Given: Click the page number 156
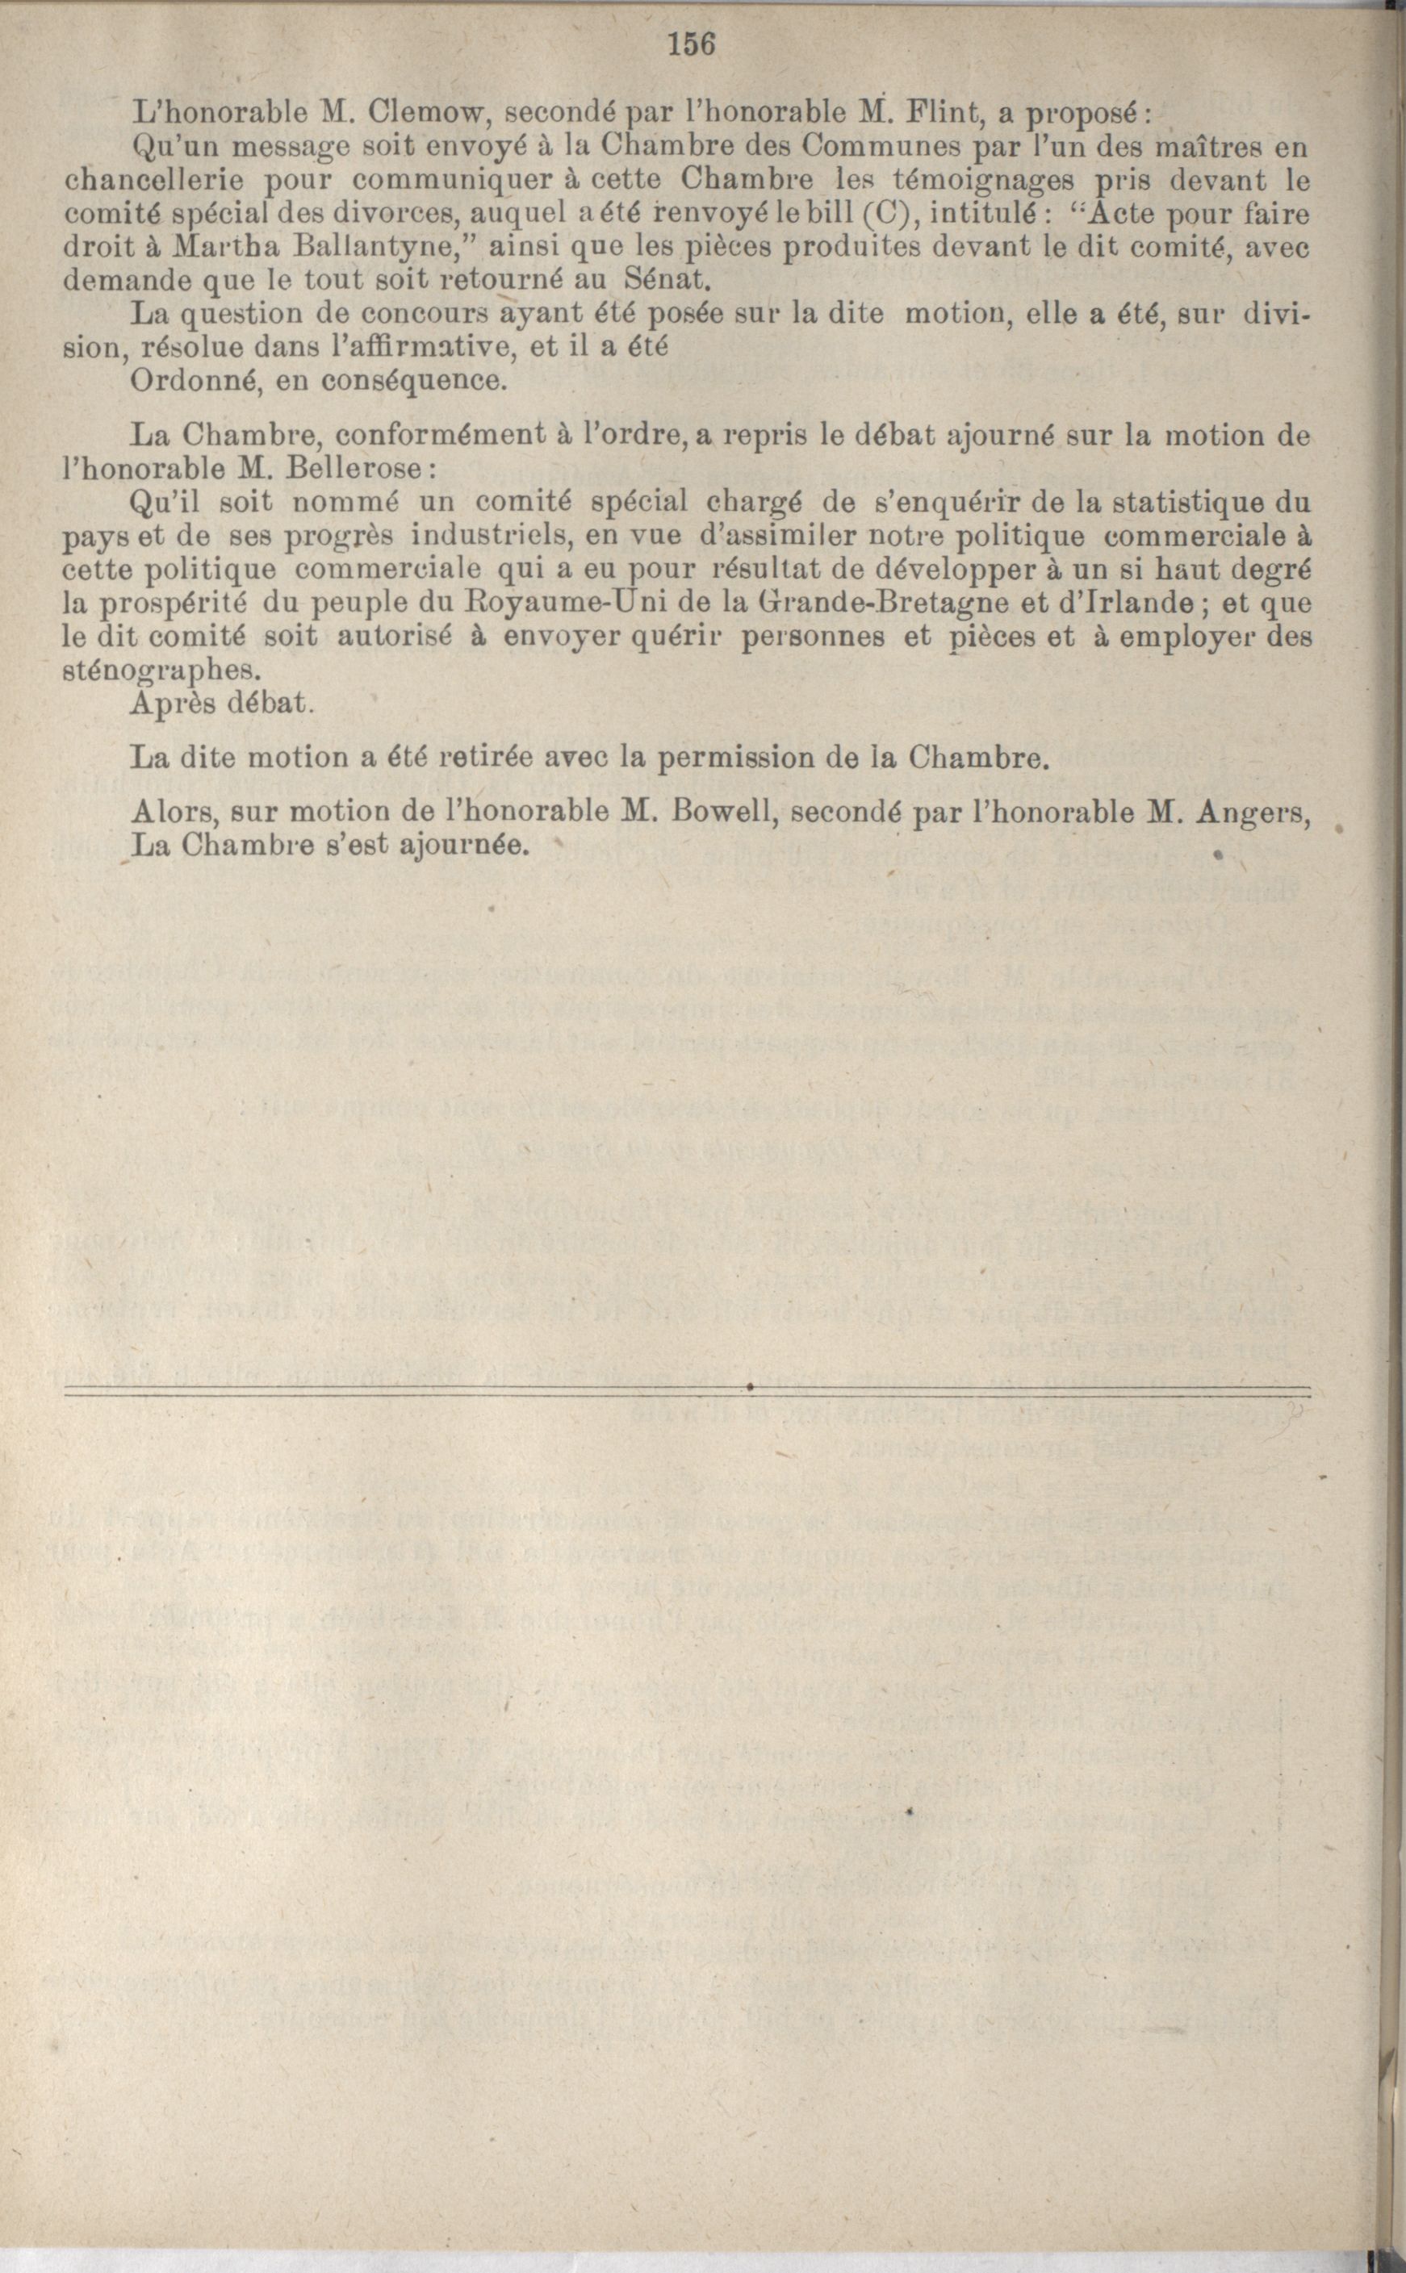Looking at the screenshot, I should click(689, 44).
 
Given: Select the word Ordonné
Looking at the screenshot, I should click(191, 380).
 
